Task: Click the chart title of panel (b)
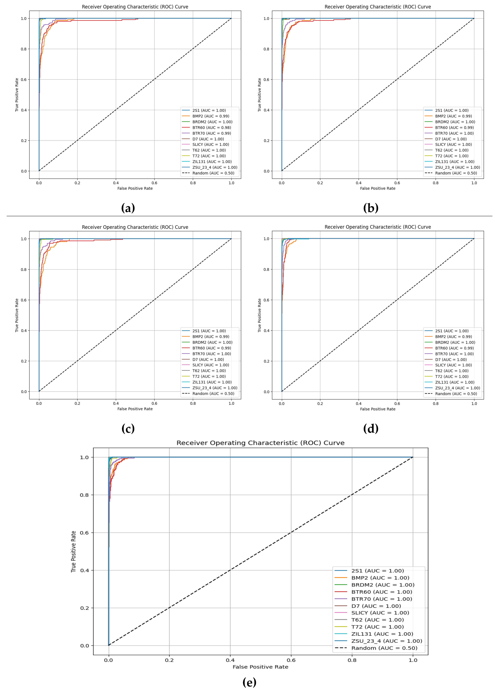click(x=378, y=7)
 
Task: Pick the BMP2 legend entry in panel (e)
click(x=380, y=578)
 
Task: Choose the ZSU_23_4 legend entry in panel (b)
click(x=457, y=167)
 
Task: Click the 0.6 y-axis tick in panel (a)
click(x=23, y=80)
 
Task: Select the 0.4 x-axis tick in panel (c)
click(x=116, y=403)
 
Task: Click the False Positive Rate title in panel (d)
click(x=378, y=409)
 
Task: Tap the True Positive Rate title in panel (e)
click(x=73, y=552)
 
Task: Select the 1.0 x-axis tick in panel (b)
click(x=474, y=183)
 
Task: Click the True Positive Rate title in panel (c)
click(x=17, y=315)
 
